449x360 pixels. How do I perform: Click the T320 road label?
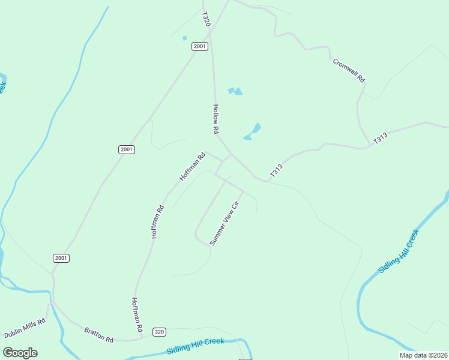tap(206, 19)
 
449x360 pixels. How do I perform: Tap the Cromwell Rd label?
tap(349, 70)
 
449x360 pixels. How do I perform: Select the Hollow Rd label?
tap(216, 119)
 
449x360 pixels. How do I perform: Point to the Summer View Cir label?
tap(224, 223)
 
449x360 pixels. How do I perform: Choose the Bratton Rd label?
tap(99, 335)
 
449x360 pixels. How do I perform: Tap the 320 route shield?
tap(159, 332)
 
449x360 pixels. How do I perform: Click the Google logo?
tap(20, 353)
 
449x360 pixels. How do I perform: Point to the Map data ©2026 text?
tap(423, 355)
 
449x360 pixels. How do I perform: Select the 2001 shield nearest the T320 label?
tap(200, 46)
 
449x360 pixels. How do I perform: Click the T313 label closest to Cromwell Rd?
tap(381, 138)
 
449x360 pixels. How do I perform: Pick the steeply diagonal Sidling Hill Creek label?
tap(397, 251)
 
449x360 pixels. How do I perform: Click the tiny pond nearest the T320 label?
tap(185, 38)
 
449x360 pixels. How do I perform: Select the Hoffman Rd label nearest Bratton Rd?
tap(136, 316)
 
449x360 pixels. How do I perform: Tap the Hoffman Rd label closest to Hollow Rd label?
tap(192, 166)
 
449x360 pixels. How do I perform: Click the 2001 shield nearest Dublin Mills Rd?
tap(61, 258)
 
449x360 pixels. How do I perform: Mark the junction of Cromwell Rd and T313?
tap(367, 146)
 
